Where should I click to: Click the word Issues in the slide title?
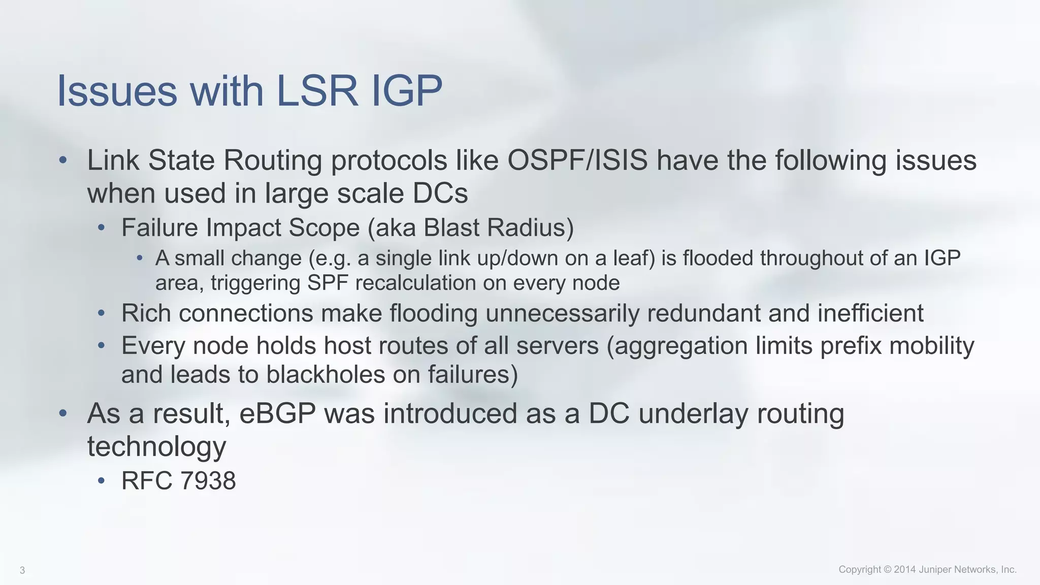pos(117,91)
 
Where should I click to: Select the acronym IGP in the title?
pos(407,91)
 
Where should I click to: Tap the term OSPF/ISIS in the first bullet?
pos(577,160)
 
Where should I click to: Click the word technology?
pos(156,446)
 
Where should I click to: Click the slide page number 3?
pos(22,570)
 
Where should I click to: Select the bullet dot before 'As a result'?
pos(63,413)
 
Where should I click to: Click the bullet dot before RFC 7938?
pos(102,480)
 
